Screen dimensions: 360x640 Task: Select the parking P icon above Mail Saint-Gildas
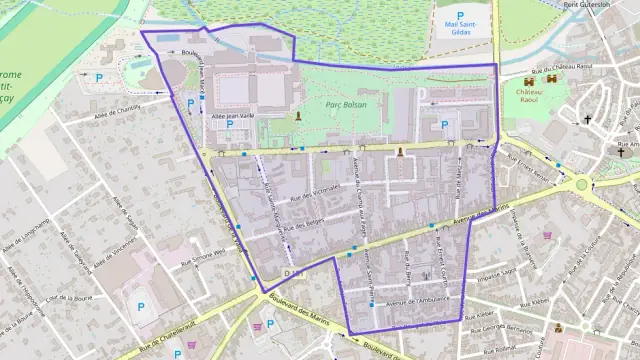click(460, 15)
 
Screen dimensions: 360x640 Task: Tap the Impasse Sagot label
click(496, 271)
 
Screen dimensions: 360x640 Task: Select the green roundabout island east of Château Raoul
click(581, 184)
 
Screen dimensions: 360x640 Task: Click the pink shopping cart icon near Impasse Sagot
click(548, 236)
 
